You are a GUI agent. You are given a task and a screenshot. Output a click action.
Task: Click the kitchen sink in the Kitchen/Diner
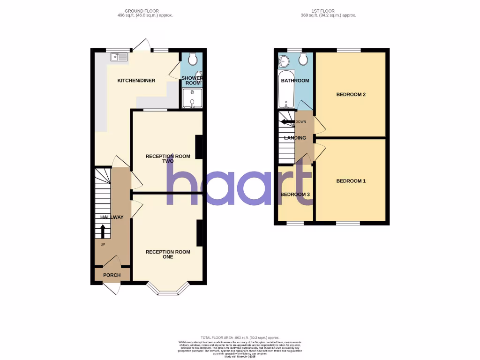point(119,57)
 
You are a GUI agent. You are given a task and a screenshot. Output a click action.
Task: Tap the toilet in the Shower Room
point(192,58)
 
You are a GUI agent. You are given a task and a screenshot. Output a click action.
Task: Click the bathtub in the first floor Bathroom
point(286,90)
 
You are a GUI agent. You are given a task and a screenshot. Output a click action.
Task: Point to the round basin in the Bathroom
point(284,60)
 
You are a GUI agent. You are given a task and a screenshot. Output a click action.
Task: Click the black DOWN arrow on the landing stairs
point(287,122)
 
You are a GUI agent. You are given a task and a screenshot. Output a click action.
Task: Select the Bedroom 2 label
point(351,95)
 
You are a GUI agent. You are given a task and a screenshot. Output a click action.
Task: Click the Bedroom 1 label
point(351,181)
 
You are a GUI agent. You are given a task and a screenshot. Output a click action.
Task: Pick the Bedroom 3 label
point(295,195)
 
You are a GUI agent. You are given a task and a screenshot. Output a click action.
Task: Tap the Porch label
point(112,275)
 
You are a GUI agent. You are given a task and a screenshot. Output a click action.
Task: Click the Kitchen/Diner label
point(136,81)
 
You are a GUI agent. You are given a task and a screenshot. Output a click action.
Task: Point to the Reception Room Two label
point(168,158)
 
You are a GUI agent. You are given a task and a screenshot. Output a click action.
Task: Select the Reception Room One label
point(168,254)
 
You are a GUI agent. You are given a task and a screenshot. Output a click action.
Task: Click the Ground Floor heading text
point(145,13)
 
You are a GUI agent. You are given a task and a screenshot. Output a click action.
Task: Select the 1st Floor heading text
point(328,13)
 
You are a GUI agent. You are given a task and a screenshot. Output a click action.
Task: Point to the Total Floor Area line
point(240,337)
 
